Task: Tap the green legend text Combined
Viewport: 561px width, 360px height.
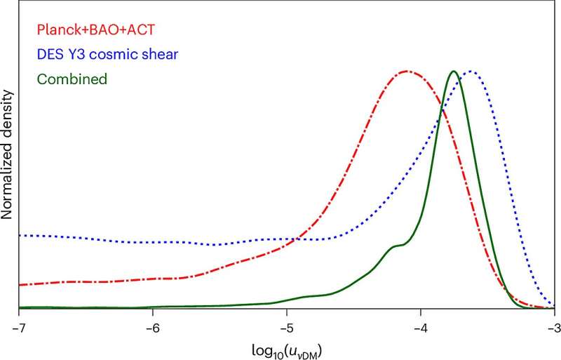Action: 72,79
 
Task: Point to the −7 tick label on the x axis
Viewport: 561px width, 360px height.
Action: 19,327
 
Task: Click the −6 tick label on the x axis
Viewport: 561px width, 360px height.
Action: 153,327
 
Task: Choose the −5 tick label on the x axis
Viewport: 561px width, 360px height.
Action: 287,327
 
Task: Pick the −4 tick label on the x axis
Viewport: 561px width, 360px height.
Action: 421,327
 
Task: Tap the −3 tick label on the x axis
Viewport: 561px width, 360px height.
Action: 553,327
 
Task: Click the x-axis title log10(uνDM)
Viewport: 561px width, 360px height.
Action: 287,349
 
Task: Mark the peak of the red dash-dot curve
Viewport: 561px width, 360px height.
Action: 407,71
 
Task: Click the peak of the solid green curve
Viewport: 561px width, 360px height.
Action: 454,71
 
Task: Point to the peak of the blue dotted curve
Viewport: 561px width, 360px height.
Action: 471,71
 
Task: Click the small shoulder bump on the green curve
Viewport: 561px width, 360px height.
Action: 397,246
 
